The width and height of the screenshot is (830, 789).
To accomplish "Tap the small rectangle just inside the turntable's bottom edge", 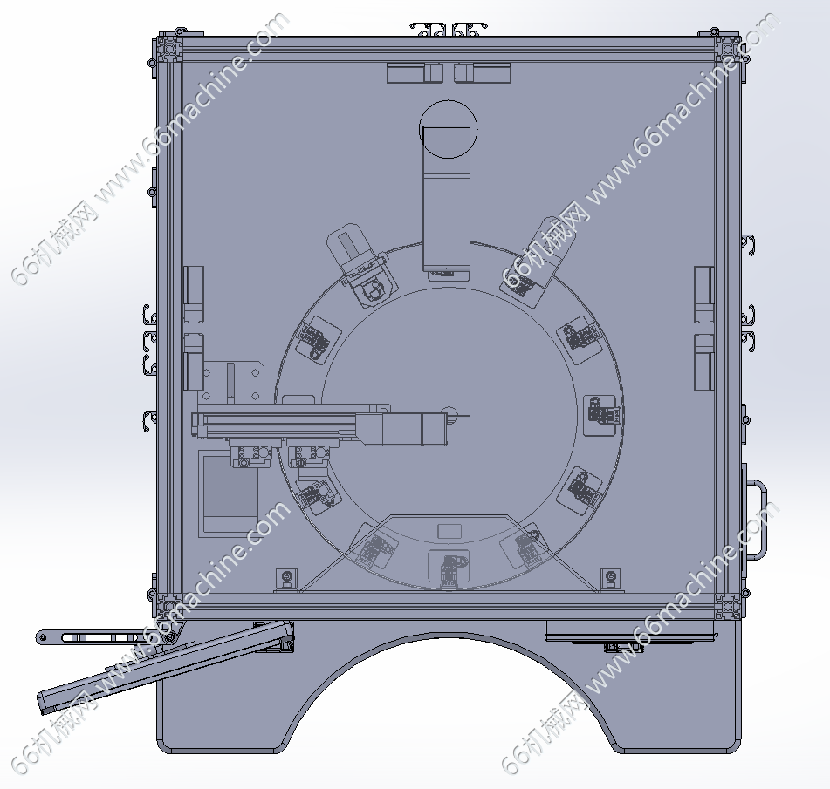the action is pyautogui.click(x=449, y=532).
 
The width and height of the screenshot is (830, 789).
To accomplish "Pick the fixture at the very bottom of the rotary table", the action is pyautogui.click(x=449, y=569).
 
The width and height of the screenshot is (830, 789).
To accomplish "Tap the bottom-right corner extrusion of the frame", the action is pyautogui.click(x=729, y=607).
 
